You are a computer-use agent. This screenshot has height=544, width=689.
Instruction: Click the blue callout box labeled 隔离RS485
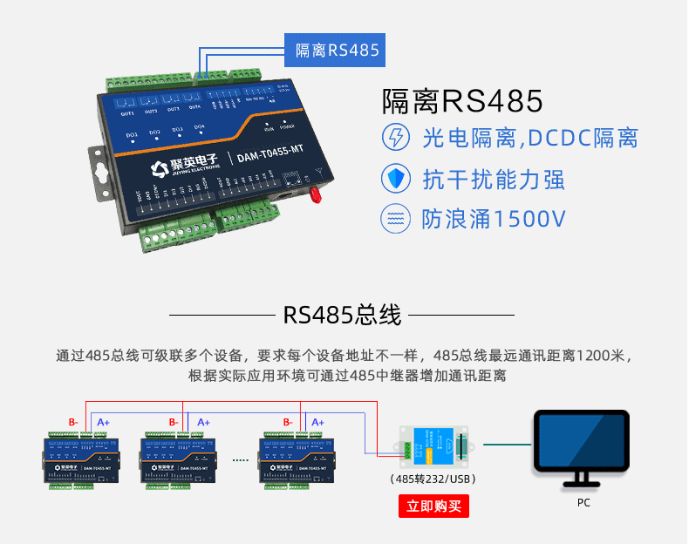coord(337,50)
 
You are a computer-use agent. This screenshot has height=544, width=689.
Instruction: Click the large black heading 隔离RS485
coord(462,101)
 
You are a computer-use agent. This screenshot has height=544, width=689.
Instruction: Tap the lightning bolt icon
coord(396,138)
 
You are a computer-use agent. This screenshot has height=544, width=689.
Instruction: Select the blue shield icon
coord(396,179)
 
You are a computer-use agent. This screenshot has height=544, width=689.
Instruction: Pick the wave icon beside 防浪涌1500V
coord(396,219)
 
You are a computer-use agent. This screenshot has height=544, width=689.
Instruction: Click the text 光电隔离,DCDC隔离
coord(530,138)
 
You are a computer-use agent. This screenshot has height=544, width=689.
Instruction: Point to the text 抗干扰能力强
coord(494,179)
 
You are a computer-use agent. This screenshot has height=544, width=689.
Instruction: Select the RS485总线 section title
coord(343,316)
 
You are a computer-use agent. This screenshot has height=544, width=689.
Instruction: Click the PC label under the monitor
coord(583,503)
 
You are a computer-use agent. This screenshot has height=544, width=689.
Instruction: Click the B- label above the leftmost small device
coord(73,422)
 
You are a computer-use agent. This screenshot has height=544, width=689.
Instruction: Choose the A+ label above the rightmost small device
coord(317,422)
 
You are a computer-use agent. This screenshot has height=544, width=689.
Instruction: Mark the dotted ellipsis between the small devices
coord(239,456)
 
